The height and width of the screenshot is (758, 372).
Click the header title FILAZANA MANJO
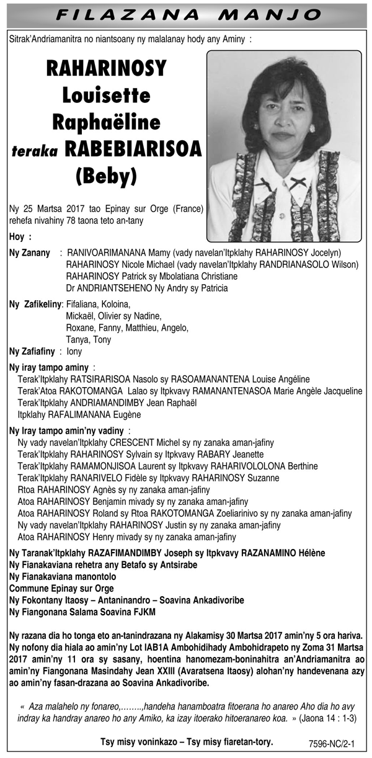click(186, 14)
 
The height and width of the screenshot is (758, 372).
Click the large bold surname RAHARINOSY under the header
click(106, 69)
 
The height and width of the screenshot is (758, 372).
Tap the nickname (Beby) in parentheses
click(106, 176)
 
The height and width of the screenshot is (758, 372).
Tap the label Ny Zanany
click(29, 253)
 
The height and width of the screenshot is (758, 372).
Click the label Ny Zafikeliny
click(35, 304)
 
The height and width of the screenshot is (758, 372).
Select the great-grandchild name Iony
click(74, 351)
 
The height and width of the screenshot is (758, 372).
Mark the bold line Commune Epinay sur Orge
click(61, 588)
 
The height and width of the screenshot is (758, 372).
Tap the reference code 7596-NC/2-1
click(335, 743)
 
